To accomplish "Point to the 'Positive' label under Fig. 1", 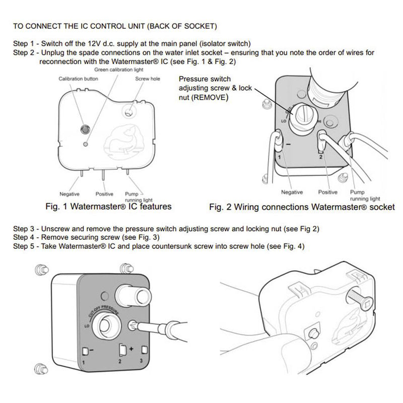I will tap(104, 193).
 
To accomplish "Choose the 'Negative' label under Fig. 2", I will tap(292, 192).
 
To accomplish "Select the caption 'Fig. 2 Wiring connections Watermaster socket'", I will tap(302, 207).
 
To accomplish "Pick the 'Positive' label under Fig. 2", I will tap(328, 192).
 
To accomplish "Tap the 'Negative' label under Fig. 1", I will tap(70, 193).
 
